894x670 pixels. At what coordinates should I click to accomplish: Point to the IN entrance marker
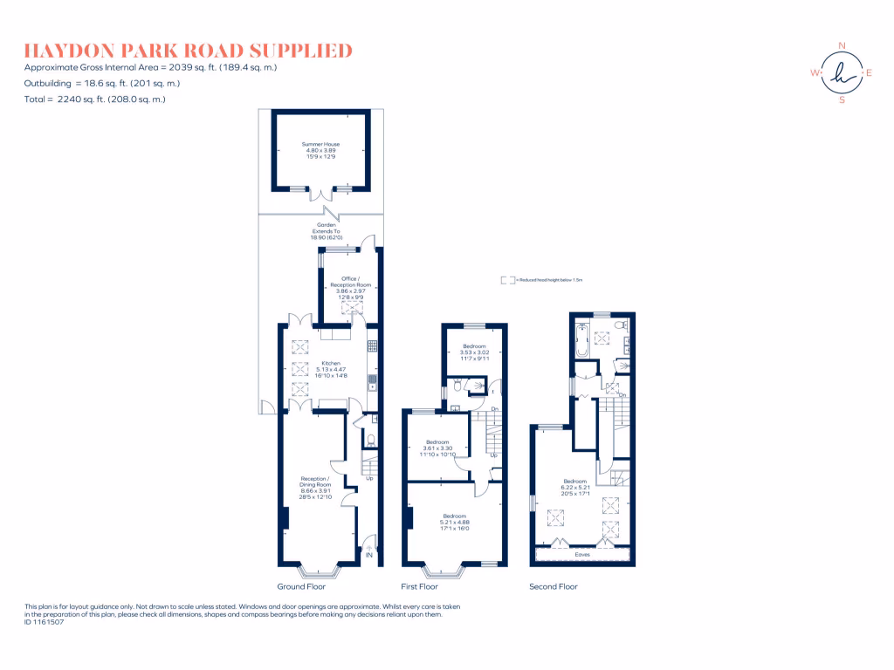tap(368, 555)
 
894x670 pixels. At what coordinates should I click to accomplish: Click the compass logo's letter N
tap(842, 46)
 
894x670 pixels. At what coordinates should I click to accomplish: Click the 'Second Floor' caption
tap(554, 586)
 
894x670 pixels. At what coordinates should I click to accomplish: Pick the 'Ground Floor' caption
tap(297, 586)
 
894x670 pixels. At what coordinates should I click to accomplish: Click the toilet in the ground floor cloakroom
tap(369, 441)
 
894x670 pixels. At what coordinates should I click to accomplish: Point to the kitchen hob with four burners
tap(372, 345)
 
